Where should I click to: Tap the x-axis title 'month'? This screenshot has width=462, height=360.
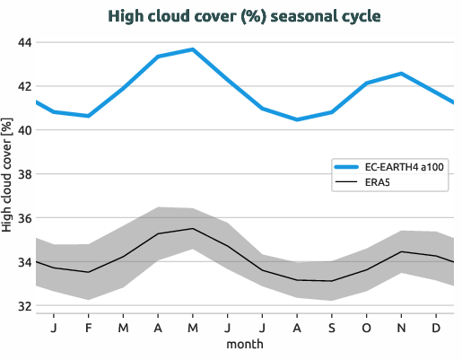(244, 344)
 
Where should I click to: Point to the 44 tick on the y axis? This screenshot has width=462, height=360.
(24, 42)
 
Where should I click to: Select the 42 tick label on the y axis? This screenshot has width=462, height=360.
(24, 86)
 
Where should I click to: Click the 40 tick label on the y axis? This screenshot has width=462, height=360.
(24, 130)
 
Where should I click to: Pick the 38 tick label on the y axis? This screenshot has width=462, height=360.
(24, 174)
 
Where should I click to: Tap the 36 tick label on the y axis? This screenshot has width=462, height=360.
(24, 218)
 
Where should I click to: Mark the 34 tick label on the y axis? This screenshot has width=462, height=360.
(24, 262)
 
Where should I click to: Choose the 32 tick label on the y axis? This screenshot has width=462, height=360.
(24, 306)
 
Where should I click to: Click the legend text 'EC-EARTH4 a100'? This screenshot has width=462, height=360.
(405, 167)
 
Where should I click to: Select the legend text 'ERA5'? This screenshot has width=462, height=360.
(378, 183)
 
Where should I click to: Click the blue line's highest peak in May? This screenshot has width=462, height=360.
(192, 49)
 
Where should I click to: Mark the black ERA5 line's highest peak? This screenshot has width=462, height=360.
(192, 229)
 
